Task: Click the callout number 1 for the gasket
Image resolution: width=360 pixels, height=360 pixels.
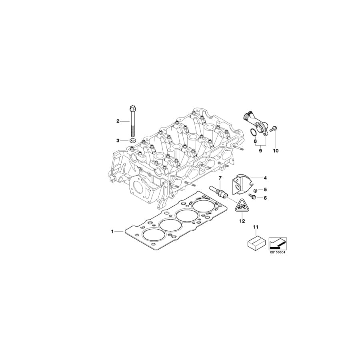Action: coord(113,231)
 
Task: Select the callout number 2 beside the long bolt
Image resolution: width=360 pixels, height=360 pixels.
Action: coord(118,121)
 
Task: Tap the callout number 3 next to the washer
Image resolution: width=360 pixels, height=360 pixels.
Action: coord(118,140)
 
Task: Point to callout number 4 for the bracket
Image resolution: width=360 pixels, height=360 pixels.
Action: coord(265,177)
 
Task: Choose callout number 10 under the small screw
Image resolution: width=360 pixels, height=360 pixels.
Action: coord(276,151)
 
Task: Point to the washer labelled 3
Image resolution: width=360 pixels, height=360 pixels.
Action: coord(132,140)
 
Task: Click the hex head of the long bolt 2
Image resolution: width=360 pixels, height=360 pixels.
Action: coord(132,108)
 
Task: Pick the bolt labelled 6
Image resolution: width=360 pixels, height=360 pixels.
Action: coord(252,197)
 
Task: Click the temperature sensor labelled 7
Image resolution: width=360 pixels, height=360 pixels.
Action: coord(219,191)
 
